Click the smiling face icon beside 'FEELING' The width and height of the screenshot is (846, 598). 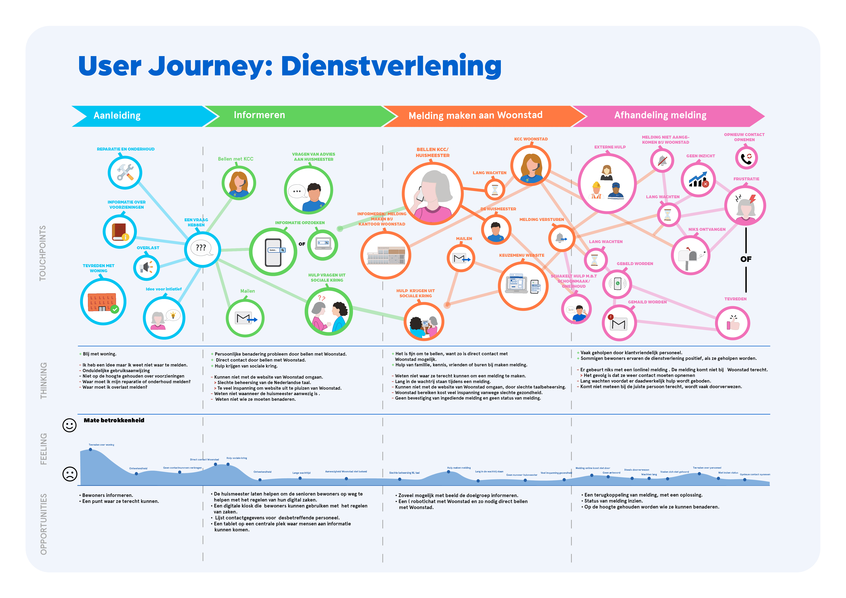[x=69, y=425]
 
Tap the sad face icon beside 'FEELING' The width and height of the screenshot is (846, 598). [x=70, y=474]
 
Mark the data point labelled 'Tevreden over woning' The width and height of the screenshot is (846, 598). [x=91, y=450]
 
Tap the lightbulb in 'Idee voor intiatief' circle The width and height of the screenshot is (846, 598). [x=173, y=315]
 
